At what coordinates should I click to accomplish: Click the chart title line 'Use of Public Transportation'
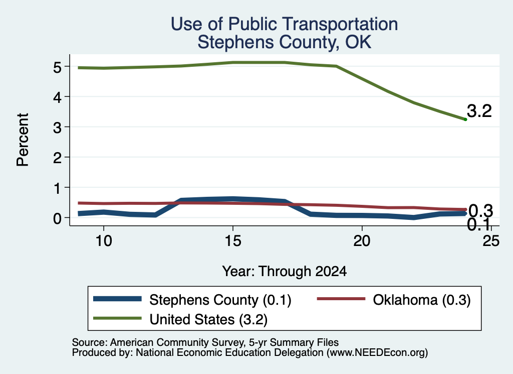[284, 24]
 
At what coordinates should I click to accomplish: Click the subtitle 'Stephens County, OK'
[284, 42]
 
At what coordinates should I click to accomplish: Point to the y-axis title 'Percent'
[23, 140]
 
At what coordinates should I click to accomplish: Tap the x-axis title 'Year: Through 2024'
[284, 272]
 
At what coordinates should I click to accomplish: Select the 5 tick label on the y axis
[57, 67]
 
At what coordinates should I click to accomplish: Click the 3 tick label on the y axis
[57, 128]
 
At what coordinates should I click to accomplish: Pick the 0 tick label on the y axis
[57, 218]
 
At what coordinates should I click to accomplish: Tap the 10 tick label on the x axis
[104, 241]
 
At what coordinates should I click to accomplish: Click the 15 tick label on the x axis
[233, 241]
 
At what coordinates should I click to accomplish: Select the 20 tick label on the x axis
[362, 241]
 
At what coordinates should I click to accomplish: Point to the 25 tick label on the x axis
[491, 241]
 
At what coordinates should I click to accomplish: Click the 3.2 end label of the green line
[479, 111]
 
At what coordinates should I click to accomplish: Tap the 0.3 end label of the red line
[480, 211]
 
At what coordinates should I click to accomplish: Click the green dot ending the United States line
[465, 119]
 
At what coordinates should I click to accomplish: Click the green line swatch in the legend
[117, 318]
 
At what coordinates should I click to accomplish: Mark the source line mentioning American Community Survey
[205, 342]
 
